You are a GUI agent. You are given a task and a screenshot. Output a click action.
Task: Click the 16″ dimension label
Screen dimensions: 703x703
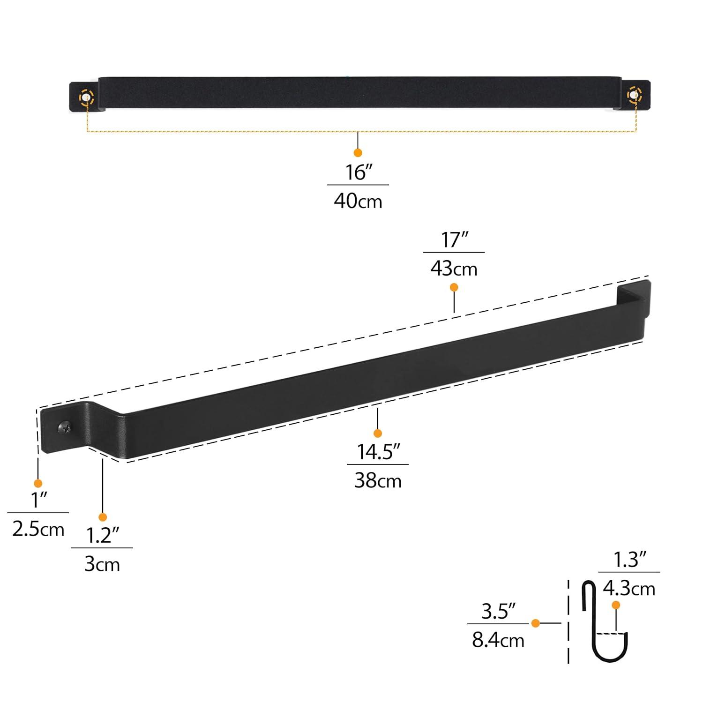358,172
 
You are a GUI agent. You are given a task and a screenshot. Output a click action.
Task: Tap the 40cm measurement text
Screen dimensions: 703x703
358,202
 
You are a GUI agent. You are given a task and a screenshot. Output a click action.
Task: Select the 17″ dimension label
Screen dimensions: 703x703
454,240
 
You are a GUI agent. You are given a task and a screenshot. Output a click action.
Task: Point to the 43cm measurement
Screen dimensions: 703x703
454,269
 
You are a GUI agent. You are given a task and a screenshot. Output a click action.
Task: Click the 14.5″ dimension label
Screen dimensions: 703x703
378,452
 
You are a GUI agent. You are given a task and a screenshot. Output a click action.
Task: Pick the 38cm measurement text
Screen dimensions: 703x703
378,481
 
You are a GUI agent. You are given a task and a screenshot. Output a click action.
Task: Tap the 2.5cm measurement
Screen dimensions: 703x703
38,530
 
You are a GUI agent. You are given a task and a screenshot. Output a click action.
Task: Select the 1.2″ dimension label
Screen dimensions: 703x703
102,535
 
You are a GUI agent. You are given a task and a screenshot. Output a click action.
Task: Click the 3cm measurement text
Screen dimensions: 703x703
102,564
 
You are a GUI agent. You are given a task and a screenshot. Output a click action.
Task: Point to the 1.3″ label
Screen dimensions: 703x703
629,560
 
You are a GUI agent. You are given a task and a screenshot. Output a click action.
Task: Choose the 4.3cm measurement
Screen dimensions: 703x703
629,589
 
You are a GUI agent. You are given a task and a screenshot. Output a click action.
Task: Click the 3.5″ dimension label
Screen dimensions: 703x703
498,611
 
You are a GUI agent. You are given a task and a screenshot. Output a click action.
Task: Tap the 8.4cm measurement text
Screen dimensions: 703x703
498,640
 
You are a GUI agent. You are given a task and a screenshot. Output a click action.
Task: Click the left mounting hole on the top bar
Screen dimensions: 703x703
86,97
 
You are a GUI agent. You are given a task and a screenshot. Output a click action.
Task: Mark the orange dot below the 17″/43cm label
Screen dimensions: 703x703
454,287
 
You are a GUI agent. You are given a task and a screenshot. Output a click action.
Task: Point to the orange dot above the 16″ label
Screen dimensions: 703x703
358,153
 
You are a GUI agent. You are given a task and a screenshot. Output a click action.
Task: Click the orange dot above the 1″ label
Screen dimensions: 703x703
38,483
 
